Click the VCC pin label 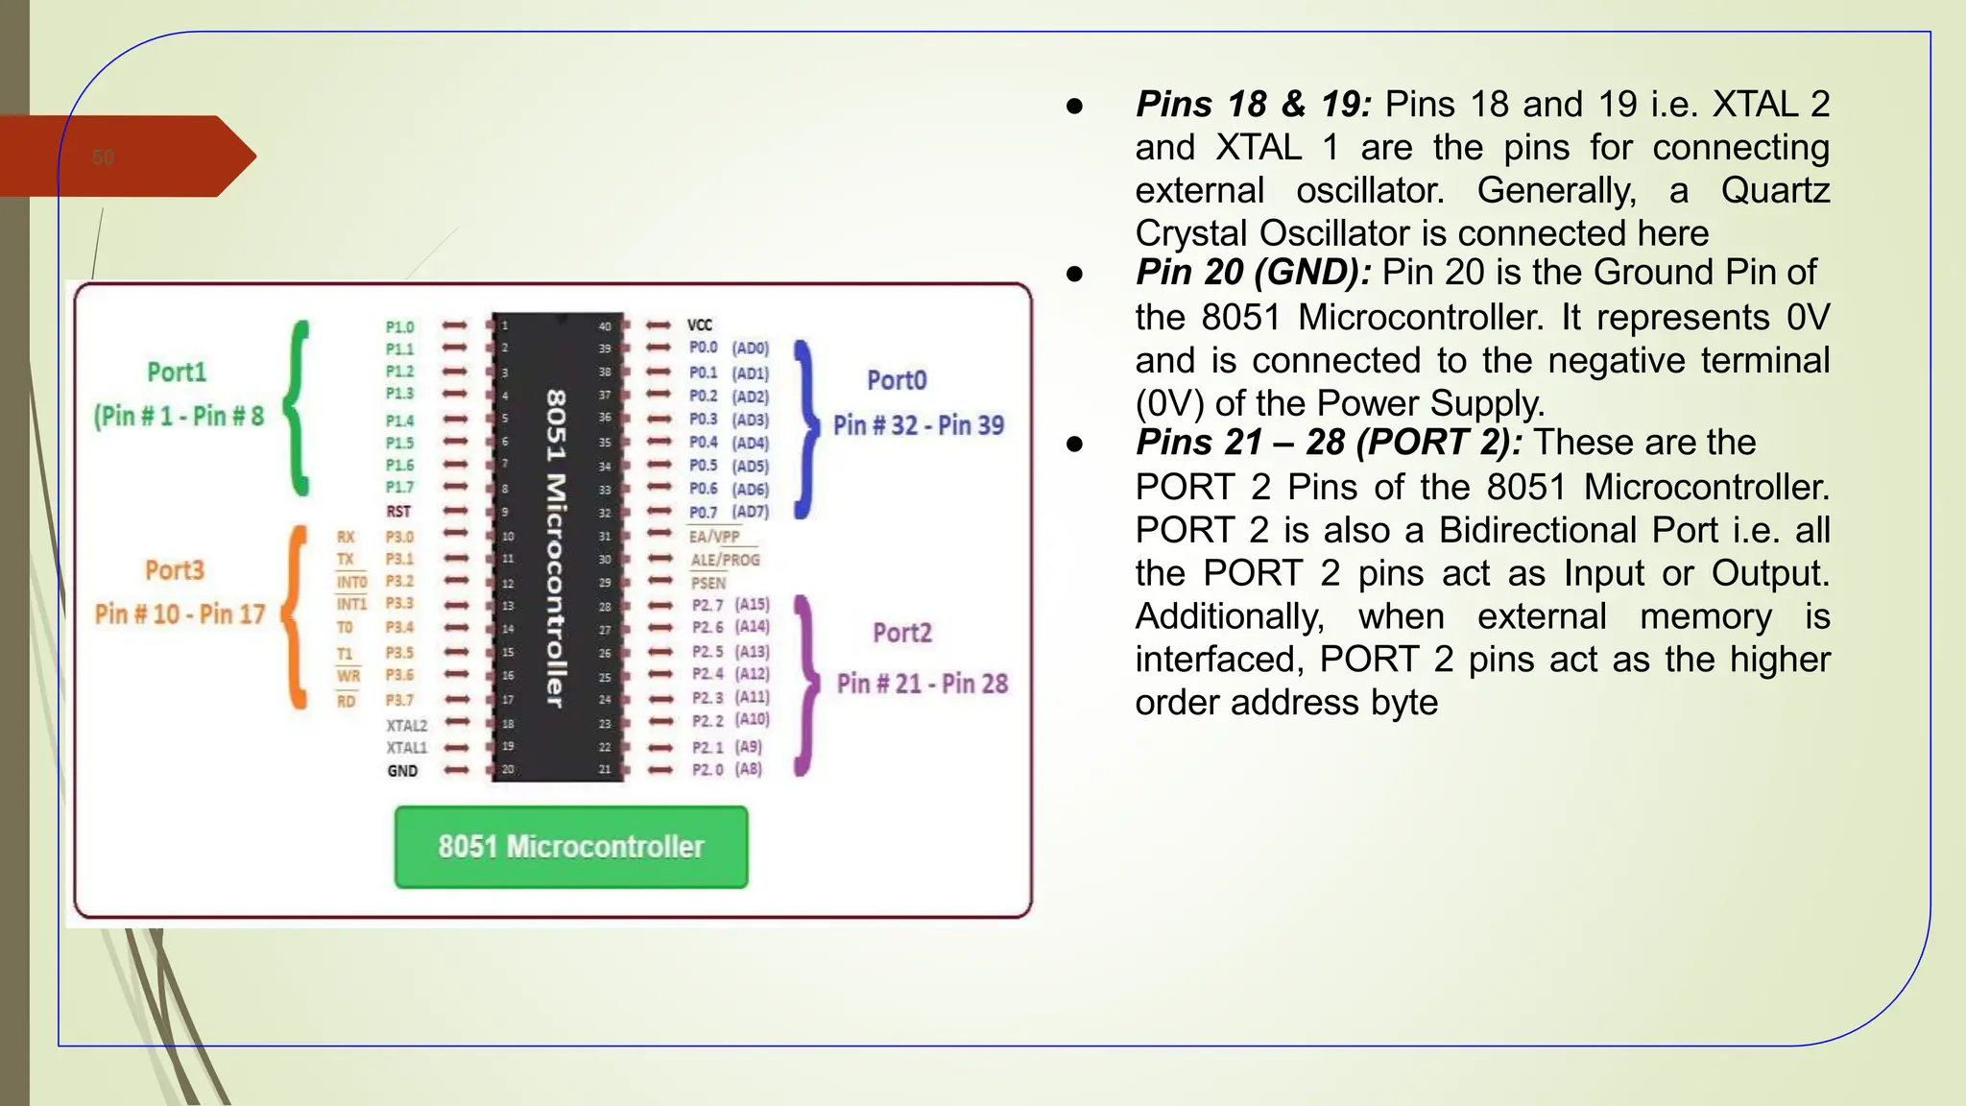[700, 325]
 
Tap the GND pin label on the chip [402, 771]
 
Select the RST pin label [398, 512]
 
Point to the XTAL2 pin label [406, 726]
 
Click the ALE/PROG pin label [725, 560]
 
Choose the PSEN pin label [708, 583]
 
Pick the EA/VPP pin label [714, 537]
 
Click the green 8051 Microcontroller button [571, 847]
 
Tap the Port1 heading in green [177, 373]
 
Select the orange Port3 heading [175, 570]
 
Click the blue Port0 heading [897, 380]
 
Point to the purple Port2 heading [902, 633]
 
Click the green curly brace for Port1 [299, 408]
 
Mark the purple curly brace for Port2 [806, 685]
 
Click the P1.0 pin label [399, 327]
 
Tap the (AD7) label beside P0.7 [751, 512]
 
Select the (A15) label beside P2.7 [753, 604]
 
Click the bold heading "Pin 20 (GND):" [1254, 273]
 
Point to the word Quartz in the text [1775, 190]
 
